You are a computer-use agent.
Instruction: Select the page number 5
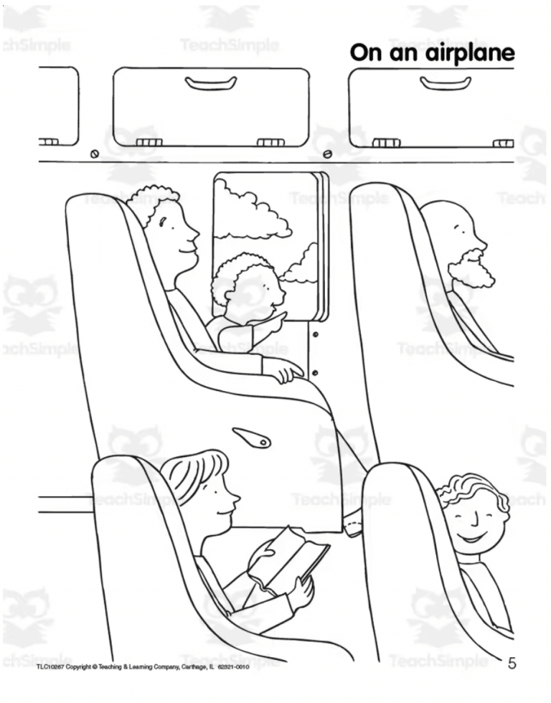(x=512, y=663)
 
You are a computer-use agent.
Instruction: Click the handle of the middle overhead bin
(x=211, y=83)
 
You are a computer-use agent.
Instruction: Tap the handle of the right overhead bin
(x=445, y=83)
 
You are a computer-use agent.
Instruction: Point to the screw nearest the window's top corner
(x=327, y=154)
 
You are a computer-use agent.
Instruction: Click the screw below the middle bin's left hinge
(x=95, y=154)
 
